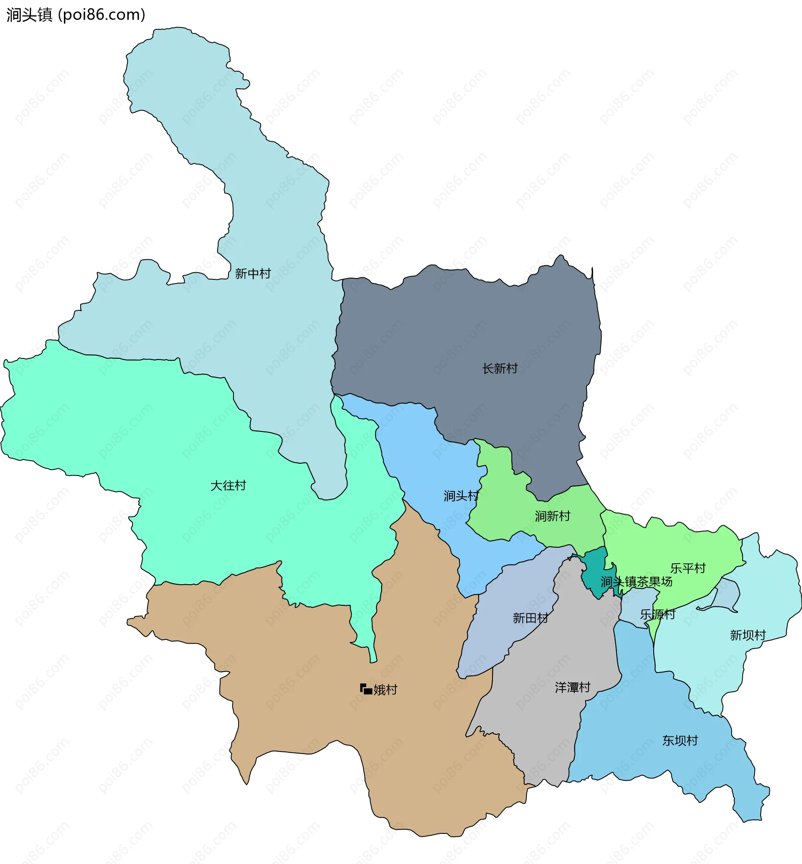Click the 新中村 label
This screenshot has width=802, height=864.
[253, 274]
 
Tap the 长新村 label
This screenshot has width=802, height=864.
[500, 369]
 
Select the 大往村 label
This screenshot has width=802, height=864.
[228, 486]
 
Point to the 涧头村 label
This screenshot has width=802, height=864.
[461, 496]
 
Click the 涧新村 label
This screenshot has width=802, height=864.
[553, 516]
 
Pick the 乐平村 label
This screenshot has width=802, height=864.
[688, 568]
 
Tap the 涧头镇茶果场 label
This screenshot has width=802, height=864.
[636, 582]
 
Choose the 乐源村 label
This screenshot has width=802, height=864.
[658, 615]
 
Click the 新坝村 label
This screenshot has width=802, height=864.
[748, 636]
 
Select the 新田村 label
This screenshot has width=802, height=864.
[530, 618]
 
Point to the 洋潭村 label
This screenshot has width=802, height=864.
[572, 688]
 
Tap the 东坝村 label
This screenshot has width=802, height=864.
[680, 741]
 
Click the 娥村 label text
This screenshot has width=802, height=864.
[386, 690]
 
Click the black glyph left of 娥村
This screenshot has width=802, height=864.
[366, 689]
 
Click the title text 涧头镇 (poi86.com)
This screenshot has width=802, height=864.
[76, 15]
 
